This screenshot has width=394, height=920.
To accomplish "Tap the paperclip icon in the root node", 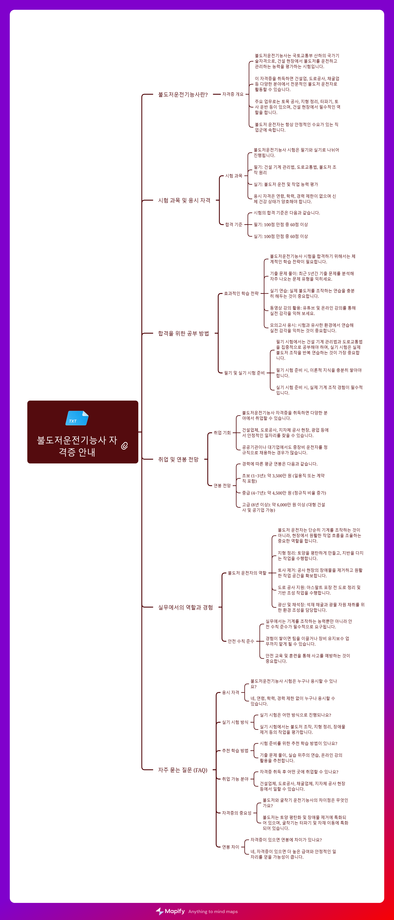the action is [124, 446].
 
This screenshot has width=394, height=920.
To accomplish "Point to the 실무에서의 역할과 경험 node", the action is [185, 607].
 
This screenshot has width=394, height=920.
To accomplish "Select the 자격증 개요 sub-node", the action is [233, 94].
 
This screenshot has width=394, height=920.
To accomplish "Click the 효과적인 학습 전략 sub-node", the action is [241, 294].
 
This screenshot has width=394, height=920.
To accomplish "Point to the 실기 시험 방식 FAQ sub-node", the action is [235, 722].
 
